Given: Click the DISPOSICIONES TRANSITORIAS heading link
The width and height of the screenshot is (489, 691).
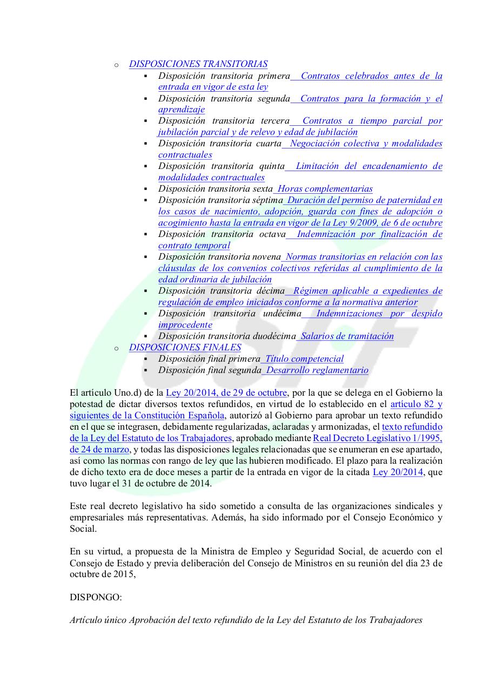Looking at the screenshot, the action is [x=198, y=64].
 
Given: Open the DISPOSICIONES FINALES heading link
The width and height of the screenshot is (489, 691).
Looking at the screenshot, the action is [x=185, y=348].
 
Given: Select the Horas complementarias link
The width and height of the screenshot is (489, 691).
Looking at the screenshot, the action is [x=325, y=189].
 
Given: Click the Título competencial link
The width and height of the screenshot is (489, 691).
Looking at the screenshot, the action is [x=304, y=359].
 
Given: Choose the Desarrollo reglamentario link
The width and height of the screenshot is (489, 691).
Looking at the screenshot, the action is [x=317, y=370].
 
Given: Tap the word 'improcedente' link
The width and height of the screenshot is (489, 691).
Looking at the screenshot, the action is [x=185, y=325].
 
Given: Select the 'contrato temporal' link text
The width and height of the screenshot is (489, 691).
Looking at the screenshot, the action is [x=194, y=246].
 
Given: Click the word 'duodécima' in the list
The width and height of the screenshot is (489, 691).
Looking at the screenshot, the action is [x=276, y=336].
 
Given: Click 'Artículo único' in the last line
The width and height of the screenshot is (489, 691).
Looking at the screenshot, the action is [x=98, y=620].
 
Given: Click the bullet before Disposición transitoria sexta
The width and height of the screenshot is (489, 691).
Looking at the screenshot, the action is [x=146, y=189].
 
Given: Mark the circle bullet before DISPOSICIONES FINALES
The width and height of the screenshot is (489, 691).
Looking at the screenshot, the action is [x=116, y=348].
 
